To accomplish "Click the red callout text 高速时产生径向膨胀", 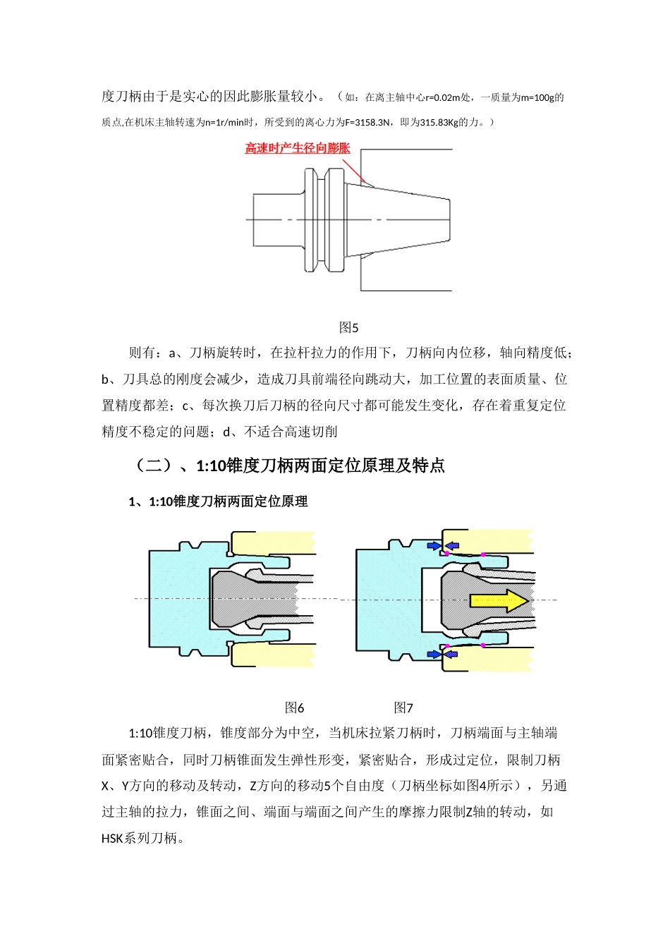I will click(297, 148).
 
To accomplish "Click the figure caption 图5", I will click(348, 327).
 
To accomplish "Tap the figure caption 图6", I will click(294, 707).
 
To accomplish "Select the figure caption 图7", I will click(403, 707).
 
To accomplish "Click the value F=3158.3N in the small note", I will click(367, 123).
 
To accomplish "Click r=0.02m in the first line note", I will click(441, 98).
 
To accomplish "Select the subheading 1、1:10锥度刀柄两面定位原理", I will click(218, 502).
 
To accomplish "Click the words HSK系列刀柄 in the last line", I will click(140, 839).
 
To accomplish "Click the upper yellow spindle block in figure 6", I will click(272, 542).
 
